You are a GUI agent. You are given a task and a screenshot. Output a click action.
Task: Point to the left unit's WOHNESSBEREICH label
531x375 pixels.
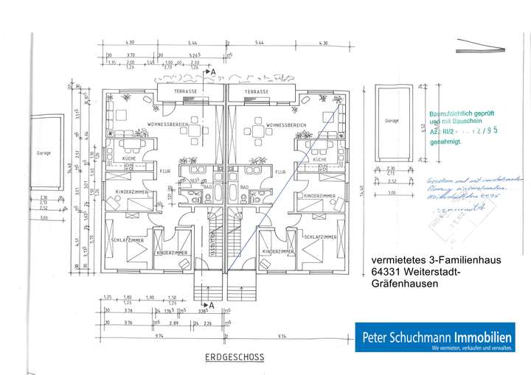[169, 125]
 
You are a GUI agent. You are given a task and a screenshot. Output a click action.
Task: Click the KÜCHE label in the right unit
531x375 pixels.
[319, 159]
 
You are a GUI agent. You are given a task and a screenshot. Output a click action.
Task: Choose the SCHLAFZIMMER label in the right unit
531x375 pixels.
[319, 237]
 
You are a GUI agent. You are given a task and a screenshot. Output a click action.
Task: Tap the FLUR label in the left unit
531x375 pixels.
[164, 171]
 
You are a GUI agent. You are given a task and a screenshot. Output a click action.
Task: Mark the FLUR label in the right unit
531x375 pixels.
[280, 171]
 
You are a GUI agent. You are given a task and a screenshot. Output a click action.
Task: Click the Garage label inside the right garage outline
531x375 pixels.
[392, 120]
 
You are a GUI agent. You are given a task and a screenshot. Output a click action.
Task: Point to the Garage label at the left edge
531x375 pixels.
[44, 153]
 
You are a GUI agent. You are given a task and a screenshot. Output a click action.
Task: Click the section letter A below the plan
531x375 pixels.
[212, 304]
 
